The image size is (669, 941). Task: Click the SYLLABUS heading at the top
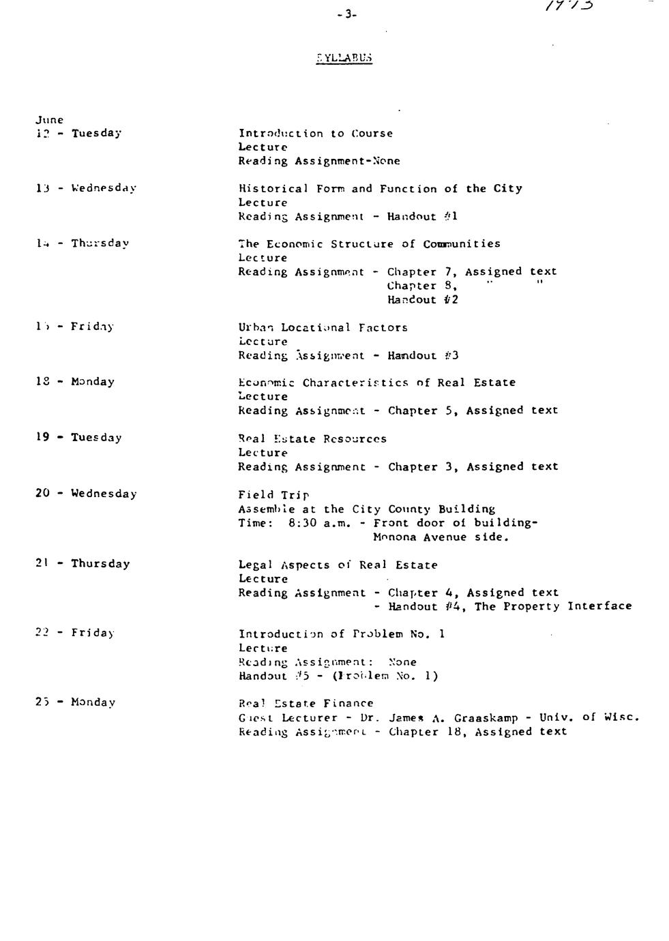point(344,58)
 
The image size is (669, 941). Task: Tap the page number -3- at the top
point(346,14)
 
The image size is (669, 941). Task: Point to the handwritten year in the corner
point(569,6)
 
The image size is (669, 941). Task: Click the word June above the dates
point(50,120)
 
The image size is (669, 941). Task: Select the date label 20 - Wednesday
point(86,494)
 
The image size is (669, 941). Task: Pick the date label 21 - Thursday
point(83,564)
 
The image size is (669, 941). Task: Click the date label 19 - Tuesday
point(78,438)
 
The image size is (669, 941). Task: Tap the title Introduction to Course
point(315,134)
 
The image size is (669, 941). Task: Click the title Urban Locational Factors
point(323,327)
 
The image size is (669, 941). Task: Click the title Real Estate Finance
point(306,704)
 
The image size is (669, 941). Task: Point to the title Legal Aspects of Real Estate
point(338,565)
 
